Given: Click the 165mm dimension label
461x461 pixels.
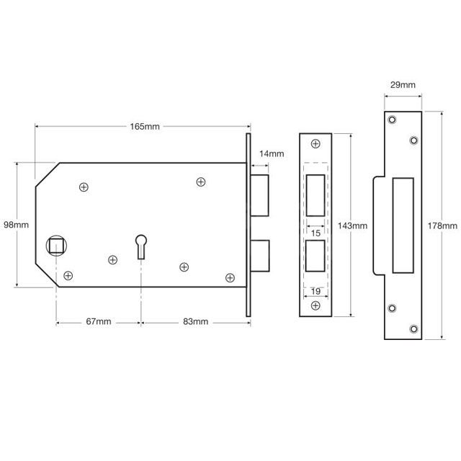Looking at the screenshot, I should tap(145, 127).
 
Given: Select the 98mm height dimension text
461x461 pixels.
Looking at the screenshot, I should tap(16, 225).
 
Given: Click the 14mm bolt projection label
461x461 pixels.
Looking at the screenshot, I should tap(271, 153).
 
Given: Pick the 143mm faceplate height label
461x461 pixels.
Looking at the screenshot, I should tap(352, 225).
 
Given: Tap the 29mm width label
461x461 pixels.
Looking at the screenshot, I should tap(401, 85).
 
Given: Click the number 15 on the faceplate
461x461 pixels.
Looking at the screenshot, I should tap(315, 233).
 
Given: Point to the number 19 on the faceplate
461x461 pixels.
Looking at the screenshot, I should tap(315, 291).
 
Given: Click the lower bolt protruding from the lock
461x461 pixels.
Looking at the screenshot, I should tap(260, 256).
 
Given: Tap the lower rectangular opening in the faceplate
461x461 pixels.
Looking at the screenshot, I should tap(315, 256).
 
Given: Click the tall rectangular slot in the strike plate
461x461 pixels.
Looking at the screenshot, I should tap(401, 225).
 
